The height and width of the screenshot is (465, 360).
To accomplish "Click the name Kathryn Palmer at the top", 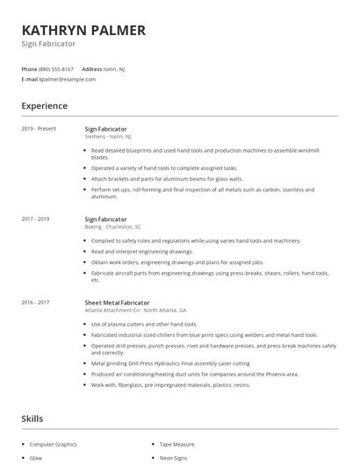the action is [83, 30].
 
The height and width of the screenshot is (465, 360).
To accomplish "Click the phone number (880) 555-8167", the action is [56, 68].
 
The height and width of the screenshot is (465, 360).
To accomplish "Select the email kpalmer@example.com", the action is [68, 79].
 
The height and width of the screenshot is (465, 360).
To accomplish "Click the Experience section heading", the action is [44, 106].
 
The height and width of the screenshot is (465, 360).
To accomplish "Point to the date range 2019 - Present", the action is [38, 129].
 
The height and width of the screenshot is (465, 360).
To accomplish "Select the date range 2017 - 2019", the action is [35, 218].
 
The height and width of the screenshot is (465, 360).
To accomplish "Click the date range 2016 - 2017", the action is [35, 302].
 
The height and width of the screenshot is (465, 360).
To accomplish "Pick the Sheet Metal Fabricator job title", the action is [117, 302].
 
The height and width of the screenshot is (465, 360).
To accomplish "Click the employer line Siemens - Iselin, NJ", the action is [108, 137].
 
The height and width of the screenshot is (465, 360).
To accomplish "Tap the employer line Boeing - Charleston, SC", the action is [112, 226].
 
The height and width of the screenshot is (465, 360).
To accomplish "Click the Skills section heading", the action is [32, 418].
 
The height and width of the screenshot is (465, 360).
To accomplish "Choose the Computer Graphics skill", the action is [54, 445].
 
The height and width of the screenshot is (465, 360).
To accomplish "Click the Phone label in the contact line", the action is [29, 68].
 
